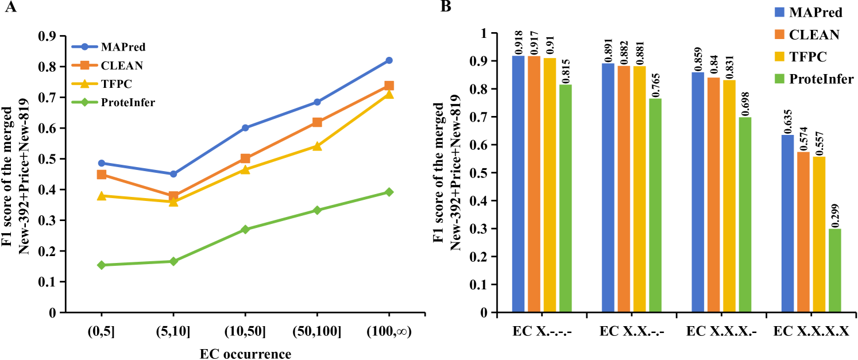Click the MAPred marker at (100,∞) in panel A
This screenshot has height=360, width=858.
[x=389, y=60]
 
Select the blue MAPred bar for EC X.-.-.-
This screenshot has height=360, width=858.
[x=518, y=184]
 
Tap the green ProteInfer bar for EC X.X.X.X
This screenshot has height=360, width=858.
[x=834, y=270]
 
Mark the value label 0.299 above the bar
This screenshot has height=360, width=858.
[x=834, y=218]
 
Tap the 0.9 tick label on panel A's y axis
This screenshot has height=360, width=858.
[x=47, y=36]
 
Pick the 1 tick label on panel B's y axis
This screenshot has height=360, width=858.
[x=484, y=33]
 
